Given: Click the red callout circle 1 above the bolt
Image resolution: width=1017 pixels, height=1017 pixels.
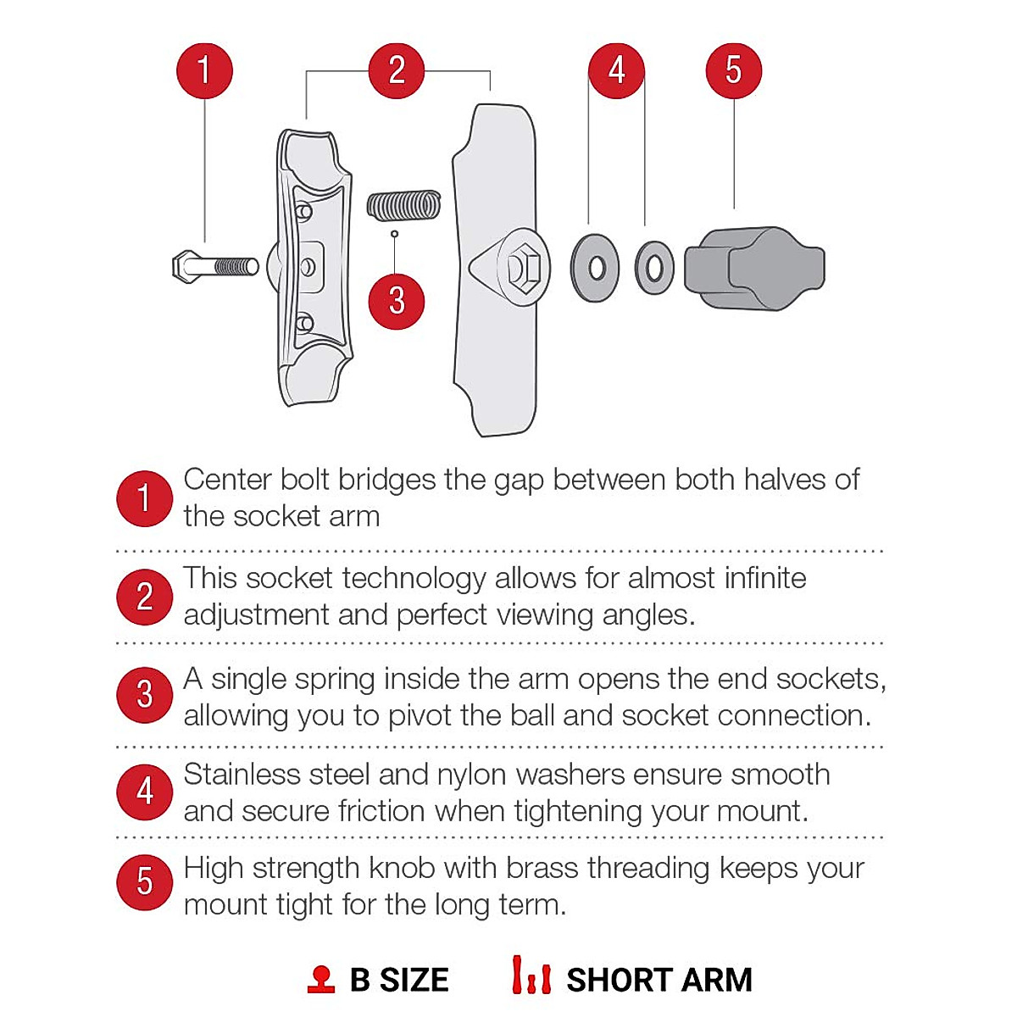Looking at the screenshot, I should point(204,70).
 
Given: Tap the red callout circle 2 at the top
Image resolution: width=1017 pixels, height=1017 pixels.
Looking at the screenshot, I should point(397,70).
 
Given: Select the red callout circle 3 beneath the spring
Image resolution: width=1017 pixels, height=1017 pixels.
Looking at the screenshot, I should point(396,301).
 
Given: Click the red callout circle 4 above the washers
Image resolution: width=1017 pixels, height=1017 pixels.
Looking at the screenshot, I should point(617,70).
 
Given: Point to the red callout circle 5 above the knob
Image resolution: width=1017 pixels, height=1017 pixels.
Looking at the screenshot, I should point(734,70).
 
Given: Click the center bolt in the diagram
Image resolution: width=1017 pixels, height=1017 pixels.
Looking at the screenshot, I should point(215,267).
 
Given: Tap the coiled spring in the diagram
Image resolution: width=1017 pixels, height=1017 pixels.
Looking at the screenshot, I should point(404,205).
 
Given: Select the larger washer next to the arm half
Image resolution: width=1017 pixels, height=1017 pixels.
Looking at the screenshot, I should point(595,268).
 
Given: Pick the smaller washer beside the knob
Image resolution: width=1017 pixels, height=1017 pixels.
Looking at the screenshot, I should point(654,268).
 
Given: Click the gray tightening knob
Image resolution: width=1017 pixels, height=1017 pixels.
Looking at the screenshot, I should point(754,268).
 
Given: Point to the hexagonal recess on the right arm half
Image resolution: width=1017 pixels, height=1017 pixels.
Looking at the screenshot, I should point(522,269).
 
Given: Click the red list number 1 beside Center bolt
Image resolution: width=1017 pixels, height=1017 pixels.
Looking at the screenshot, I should point(144,498).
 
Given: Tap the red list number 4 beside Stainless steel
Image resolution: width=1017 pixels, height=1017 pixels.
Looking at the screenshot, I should point(144,792).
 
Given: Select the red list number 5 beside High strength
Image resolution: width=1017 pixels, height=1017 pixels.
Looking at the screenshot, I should point(144,882).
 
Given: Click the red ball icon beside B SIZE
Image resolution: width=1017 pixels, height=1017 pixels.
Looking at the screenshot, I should point(321,980).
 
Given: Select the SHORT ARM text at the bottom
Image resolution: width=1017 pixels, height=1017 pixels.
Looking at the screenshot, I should point(659,980).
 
